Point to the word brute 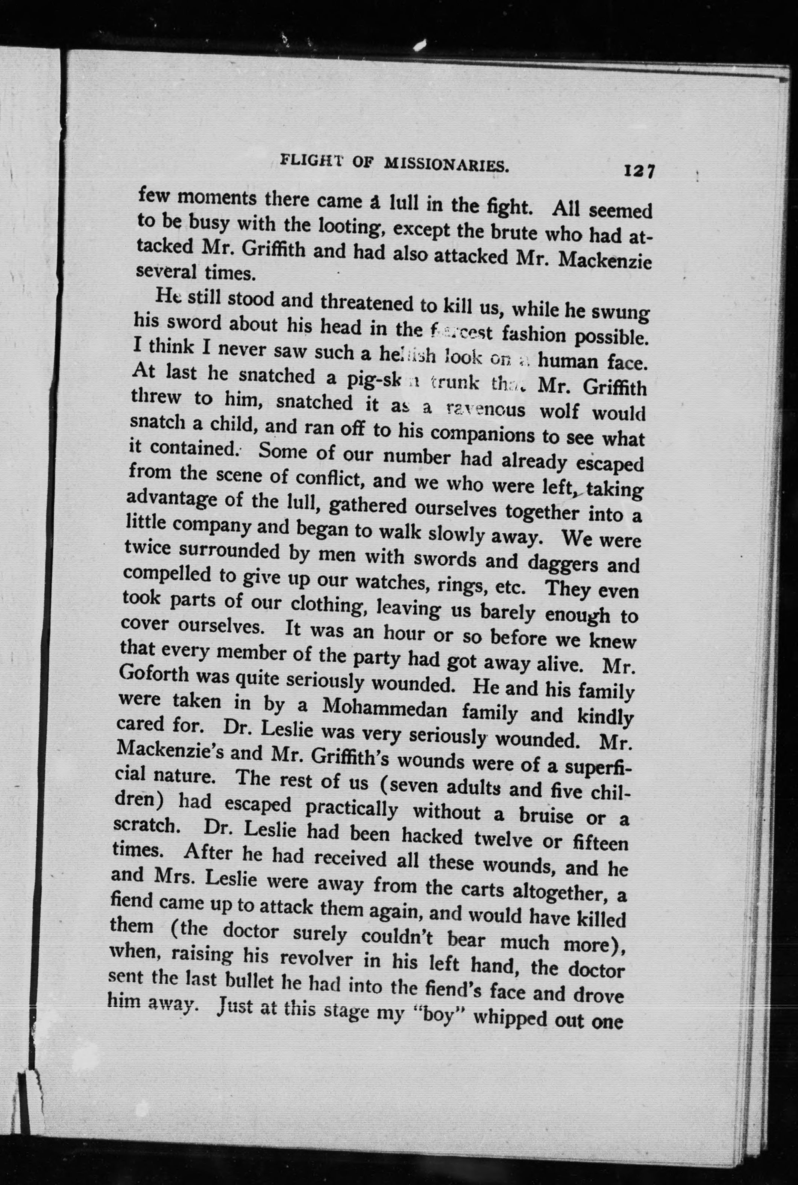[x=513, y=232]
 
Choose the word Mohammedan [x=385, y=709]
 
